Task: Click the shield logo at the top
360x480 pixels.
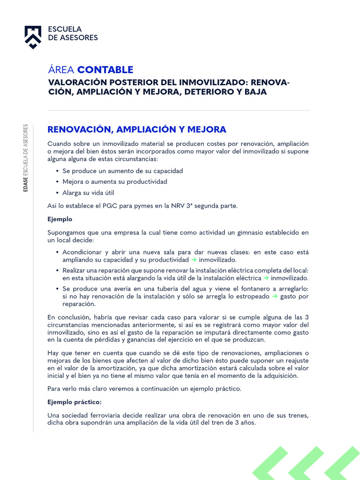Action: coord(33,37)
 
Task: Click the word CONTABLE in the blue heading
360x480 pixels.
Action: coord(105,70)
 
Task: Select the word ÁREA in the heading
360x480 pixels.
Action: coord(61,70)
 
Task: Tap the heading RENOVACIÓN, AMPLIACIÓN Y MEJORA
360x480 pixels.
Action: coord(137,129)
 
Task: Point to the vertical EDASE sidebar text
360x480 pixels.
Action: coord(26,158)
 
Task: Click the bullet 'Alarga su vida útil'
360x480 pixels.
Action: coord(88,193)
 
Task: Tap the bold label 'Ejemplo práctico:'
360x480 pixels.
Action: coord(75,402)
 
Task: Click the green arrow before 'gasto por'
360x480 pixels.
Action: coord(275,296)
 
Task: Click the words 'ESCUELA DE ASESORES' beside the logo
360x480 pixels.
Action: coord(73,33)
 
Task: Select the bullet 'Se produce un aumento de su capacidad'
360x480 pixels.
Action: coord(122,171)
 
